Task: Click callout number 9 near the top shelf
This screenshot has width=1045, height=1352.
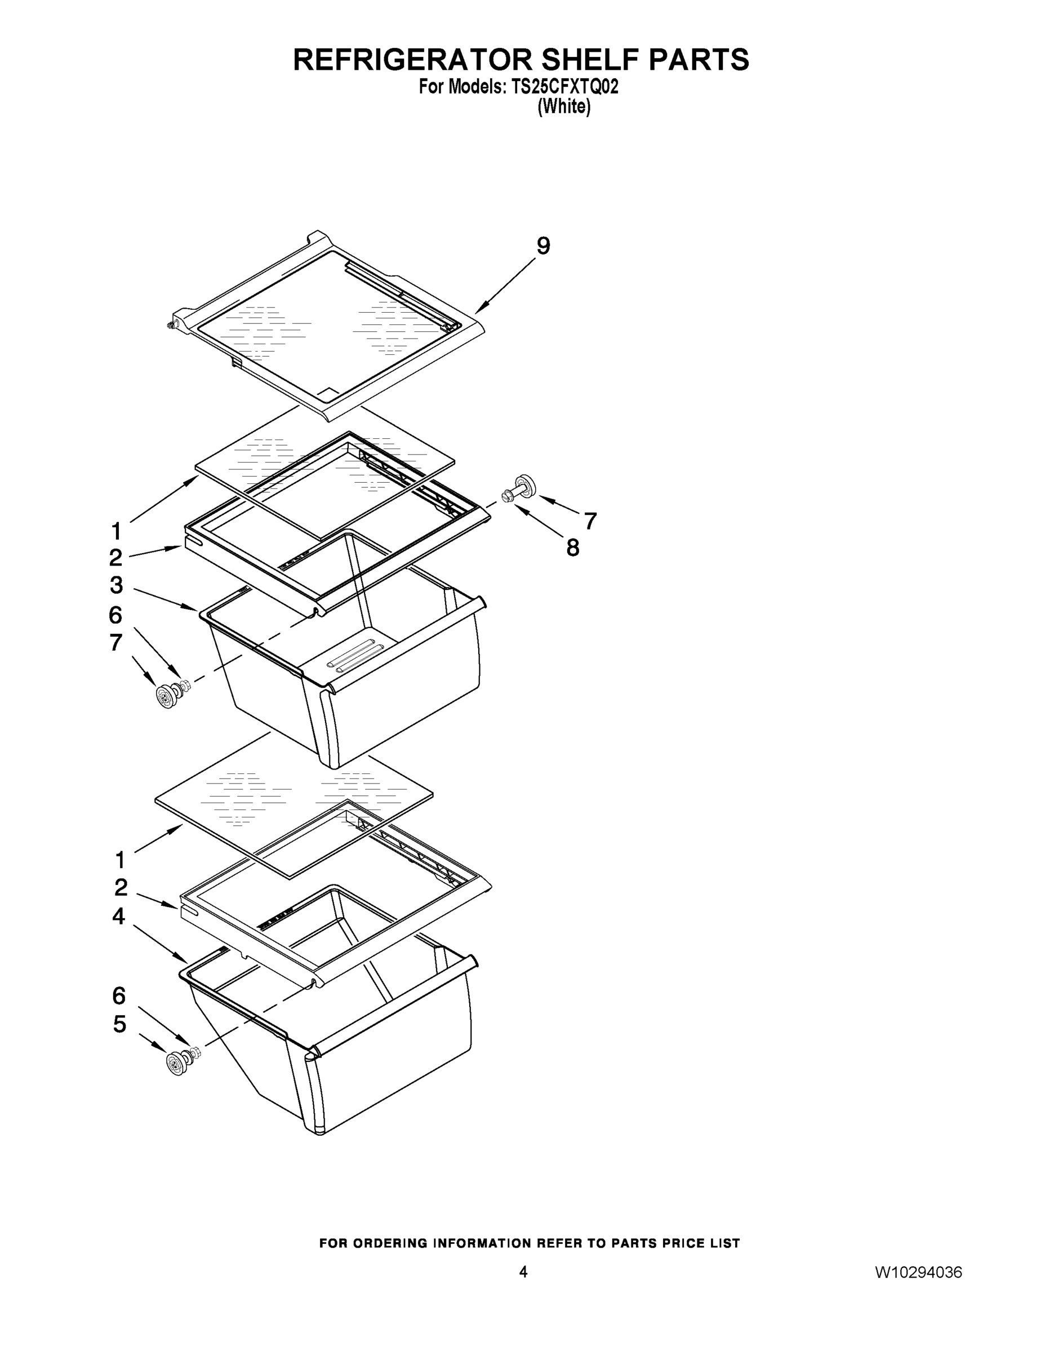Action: tap(542, 246)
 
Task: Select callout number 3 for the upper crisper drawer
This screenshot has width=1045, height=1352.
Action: tap(117, 584)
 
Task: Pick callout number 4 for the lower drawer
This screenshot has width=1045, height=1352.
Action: tap(118, 917)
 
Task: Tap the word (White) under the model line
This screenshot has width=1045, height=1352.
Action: tap(563, 107)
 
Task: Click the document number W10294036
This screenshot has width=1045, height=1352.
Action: tap(918, 1272)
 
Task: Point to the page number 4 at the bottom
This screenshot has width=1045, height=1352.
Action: tap(523, 1271)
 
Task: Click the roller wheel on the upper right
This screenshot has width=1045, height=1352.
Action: tap(523, 483)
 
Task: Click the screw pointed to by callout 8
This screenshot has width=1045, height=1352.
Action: tap(508, 496)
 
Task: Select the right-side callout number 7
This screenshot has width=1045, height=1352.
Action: tap(590, 521)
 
